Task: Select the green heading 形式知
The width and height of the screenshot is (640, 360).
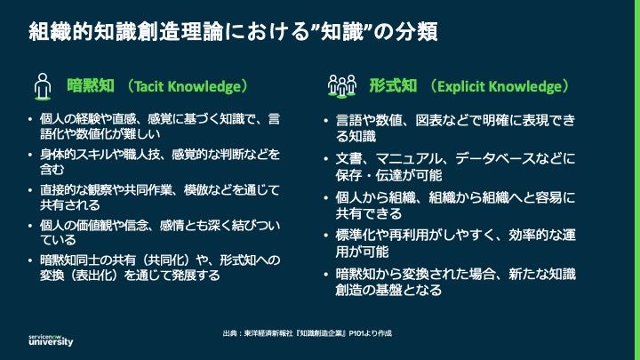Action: tap(394, 87)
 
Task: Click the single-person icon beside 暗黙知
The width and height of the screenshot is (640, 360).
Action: tap(42, 87)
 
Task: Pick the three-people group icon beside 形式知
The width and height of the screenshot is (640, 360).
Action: tap(342, 87)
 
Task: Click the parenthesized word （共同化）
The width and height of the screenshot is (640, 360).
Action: tap(172, 259)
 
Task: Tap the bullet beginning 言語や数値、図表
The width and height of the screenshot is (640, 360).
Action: tap(455, 128)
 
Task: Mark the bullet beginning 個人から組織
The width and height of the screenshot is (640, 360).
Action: tap(455, 205)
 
